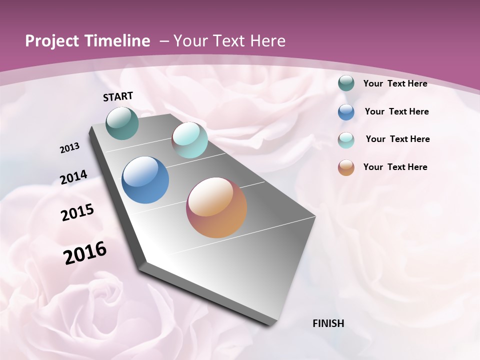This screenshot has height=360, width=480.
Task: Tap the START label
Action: pyautogui.click(x=118, y=96)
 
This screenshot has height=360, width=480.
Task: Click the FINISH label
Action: pyautogui.click(x=328, y=323)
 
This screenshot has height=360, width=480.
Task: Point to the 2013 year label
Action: pyautogui.click(x=69, y=148)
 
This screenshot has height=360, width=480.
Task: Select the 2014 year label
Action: pyautogui.click(x=73, y=177)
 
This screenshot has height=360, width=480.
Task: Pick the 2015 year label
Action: pyautogui.click(x=77, y=213)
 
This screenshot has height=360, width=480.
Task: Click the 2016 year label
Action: pyautogui.click(x=85, y=253)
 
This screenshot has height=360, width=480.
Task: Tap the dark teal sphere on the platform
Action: pyautogui.click(x=122, y=123)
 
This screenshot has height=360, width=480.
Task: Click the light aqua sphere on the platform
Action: pyautogui.click(x=189, y=140)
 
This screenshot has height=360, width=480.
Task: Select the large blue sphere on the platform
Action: pyautogui.click(x=145, y=180)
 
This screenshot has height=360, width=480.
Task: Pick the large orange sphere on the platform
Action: pyautogui.click(x=216, y=207)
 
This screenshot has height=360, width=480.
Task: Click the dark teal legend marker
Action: pyautogui.click(x=346, y=83)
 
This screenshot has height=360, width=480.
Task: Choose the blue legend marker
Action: pyautogui.click(x=346, y=112)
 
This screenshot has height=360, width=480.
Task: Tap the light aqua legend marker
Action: pyautogui.click(x=346, y=140)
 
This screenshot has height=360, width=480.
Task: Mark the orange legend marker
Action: pyautogui.click(x=346, y=167)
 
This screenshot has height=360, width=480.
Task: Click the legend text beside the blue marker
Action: pyautogui.click(x=396, y=111)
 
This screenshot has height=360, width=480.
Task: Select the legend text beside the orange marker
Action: pyautogui.click(x=395, y=167)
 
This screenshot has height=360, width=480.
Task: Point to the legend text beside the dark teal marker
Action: pyautogui.click(x=395, y=83)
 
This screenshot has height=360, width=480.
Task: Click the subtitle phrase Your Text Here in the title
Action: pyautogui.click(x=229, y=41)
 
